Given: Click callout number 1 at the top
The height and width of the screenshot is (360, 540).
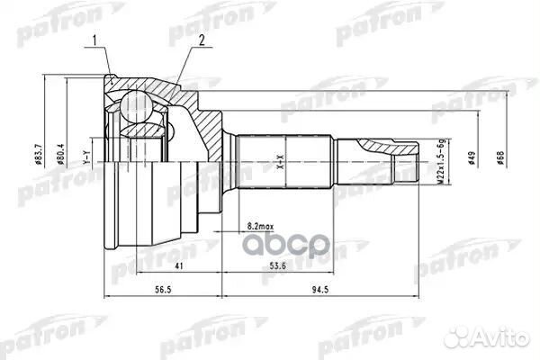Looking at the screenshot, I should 93,40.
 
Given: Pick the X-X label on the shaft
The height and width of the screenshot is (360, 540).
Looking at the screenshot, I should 280,163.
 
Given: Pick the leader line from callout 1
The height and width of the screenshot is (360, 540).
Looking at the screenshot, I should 104,63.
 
